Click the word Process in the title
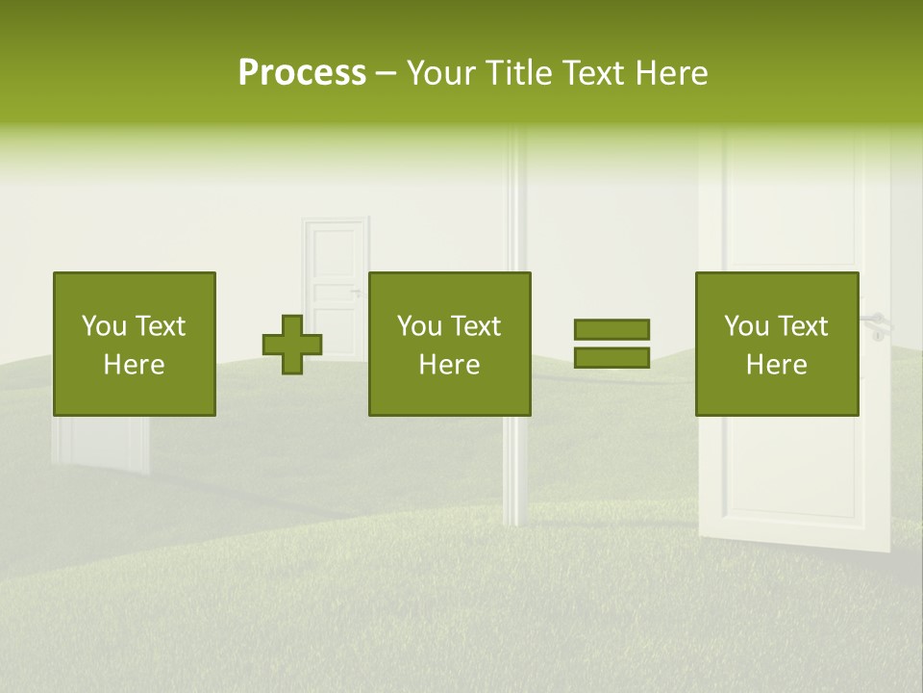coord(302,73)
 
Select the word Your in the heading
coord(440,73)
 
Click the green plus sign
coord(292,345)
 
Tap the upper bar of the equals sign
coord(611,329)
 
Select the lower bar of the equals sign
coord(611,357)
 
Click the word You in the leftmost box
coord(103,326)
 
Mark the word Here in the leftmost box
coord(134,365)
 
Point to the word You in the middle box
coord(418,326)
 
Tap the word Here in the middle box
coord(449,365)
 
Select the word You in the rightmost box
coord(745,326)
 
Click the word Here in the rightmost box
coord(776,365)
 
